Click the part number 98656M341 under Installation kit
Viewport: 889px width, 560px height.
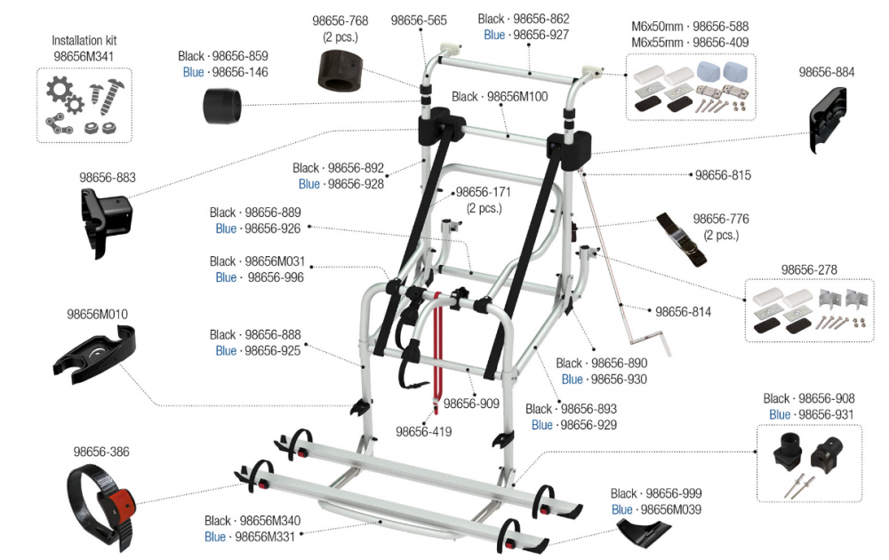(x=84, y=56)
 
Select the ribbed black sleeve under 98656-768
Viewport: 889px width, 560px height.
(x=340, y=69)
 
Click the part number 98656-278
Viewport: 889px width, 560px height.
(x=809, y=269)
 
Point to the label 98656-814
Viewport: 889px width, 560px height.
(x=685, y=312)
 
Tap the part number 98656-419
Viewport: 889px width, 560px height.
(x=424, y=432)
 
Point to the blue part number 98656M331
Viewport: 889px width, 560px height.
(x=267, y=537)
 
